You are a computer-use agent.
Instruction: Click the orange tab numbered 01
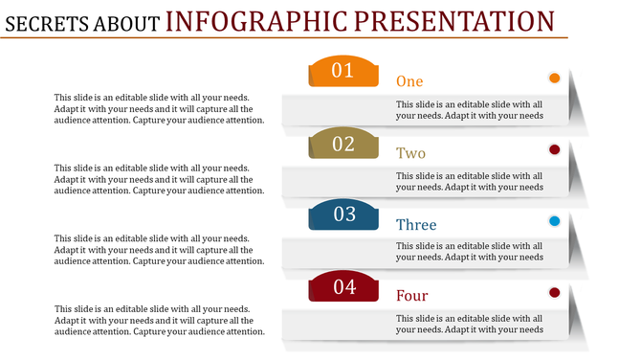coord(343,72)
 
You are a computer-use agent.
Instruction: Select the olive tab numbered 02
coord(343,145)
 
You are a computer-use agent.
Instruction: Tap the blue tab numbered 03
coord(343,215)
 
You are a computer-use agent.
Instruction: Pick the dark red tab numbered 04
coord(343,286)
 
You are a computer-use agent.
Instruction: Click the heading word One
coord(409,81)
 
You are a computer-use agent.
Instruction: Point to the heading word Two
coord(410,153)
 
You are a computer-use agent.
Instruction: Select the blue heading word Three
coord(416,225)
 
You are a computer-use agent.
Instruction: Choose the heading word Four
coord(411,296)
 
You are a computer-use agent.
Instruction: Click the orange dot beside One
coord(554,78)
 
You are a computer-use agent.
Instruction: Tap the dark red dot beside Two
coord(554,149)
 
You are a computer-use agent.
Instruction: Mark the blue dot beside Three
coord(554,221)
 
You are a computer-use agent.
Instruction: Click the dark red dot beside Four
coord(554,292)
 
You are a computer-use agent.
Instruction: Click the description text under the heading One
coord(470,110)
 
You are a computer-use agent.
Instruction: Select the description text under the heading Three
coord(470,252)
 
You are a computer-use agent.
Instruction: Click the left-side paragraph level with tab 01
coord(159,108)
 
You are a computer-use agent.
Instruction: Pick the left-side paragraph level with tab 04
coord(159,321)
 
